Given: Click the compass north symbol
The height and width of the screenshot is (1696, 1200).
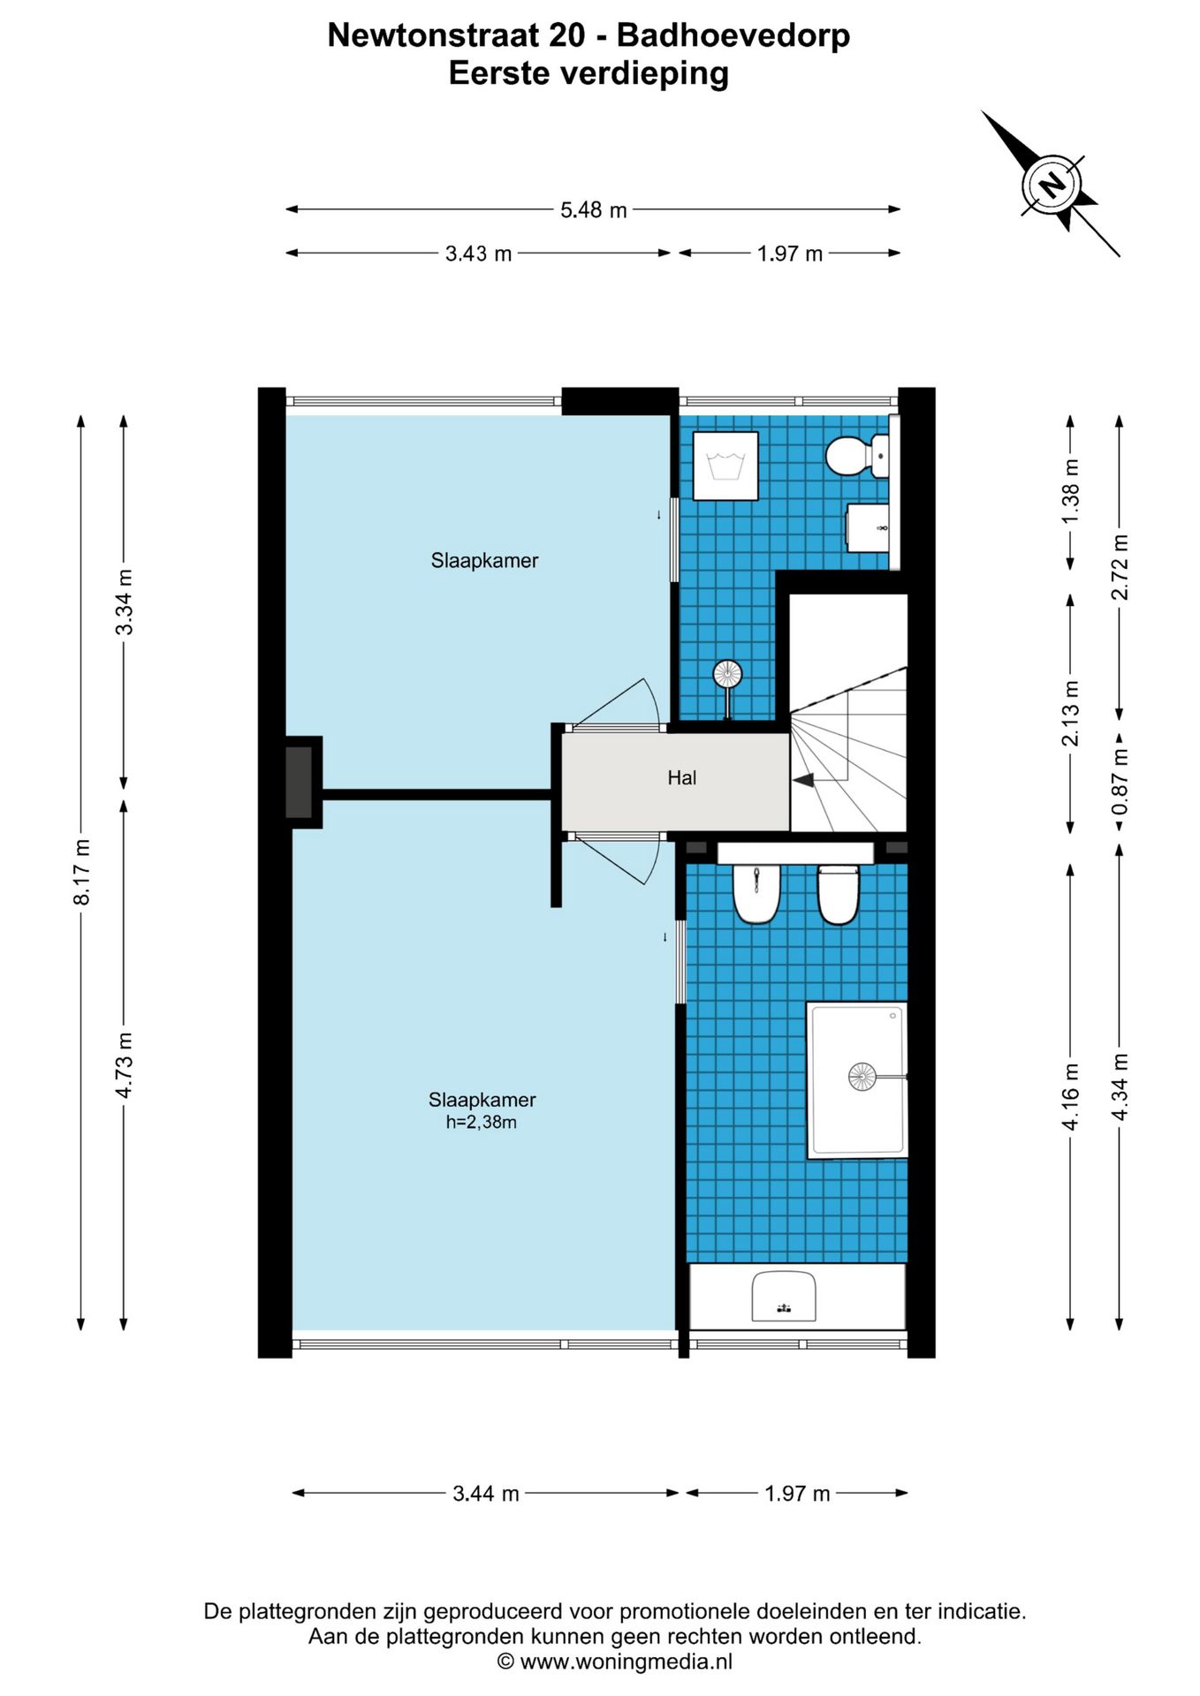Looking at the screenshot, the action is [1052, 185].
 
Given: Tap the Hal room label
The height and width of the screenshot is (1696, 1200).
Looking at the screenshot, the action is [681, 777].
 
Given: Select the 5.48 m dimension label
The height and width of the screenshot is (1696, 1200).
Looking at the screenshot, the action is [594, 210].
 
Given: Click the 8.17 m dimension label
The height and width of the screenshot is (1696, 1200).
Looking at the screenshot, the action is [81, 872].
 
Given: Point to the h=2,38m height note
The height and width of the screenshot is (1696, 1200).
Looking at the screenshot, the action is [481, 1123].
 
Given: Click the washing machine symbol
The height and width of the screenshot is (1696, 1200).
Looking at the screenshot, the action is [725, 466].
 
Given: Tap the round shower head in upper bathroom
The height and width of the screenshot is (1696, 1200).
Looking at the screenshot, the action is [727, 675].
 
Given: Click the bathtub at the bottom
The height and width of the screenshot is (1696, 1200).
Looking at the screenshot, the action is [797, 1296].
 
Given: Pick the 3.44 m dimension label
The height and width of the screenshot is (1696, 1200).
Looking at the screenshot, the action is [485, 1494].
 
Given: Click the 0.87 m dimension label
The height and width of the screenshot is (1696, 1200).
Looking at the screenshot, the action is [1120, 783].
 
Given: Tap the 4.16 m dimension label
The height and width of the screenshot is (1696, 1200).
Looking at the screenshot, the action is [1070, 1096].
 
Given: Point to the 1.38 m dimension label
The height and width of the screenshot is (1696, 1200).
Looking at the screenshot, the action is [1070, 491].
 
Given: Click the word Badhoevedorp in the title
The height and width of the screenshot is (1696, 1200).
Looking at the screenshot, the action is [733, 35].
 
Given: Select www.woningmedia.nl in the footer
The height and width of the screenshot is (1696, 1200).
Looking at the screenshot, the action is [626, 1662].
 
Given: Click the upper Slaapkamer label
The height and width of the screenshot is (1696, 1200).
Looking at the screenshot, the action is [484, 561].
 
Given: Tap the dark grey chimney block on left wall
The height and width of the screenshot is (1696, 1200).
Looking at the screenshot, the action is [299, 783].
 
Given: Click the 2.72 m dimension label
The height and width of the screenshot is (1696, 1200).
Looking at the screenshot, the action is [1120, 567].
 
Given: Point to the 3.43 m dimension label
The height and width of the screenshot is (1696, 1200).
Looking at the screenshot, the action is [478, 254].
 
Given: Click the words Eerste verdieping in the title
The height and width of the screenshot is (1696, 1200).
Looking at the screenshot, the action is [589, 73].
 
